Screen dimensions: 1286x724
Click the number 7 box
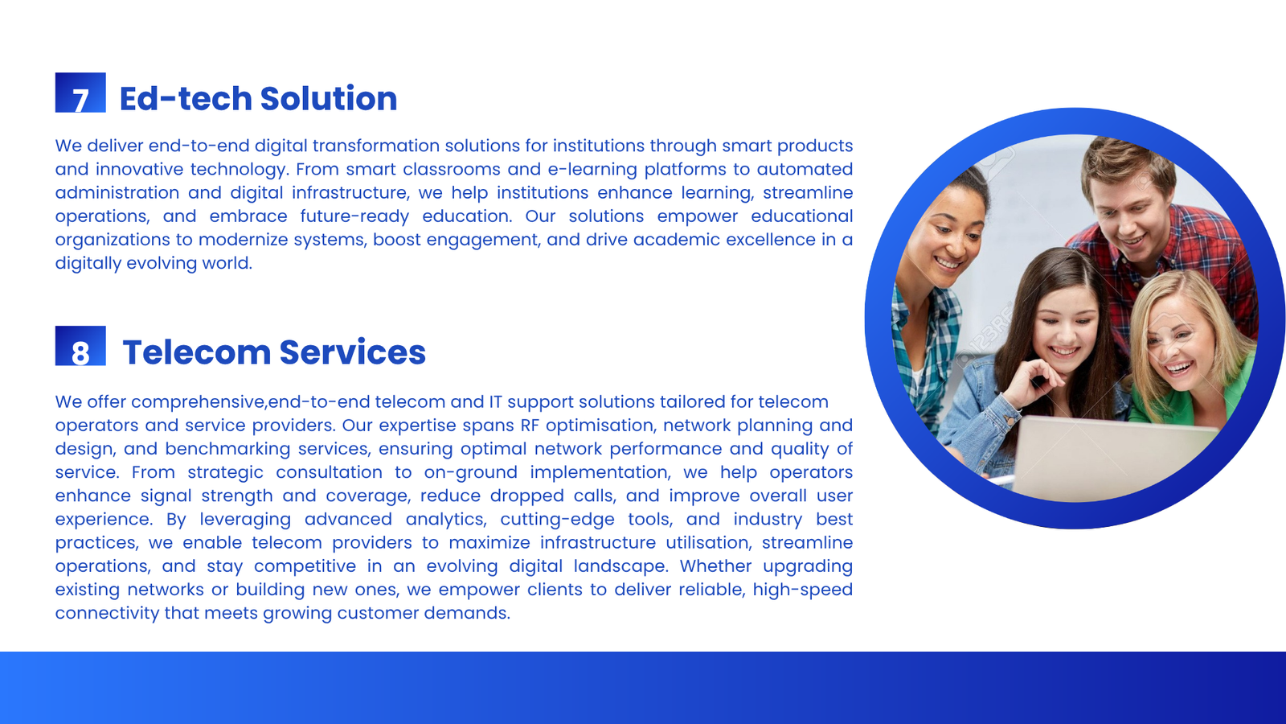click(x=80, y=93)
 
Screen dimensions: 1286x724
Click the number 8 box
click(x=80, y=346)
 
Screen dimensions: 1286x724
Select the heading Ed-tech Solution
click(x=258, y=98)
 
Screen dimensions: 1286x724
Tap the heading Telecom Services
click(x=274, y=352)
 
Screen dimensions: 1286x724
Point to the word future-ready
click(x=354, y=216)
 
